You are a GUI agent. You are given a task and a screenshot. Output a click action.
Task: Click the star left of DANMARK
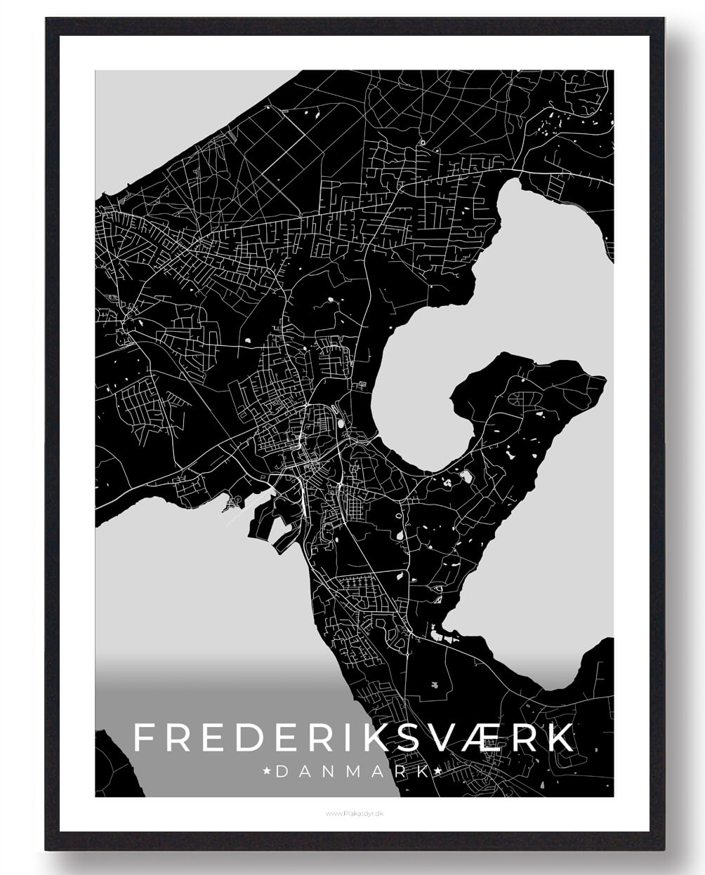267,771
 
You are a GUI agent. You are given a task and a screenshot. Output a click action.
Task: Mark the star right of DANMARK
437,771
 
